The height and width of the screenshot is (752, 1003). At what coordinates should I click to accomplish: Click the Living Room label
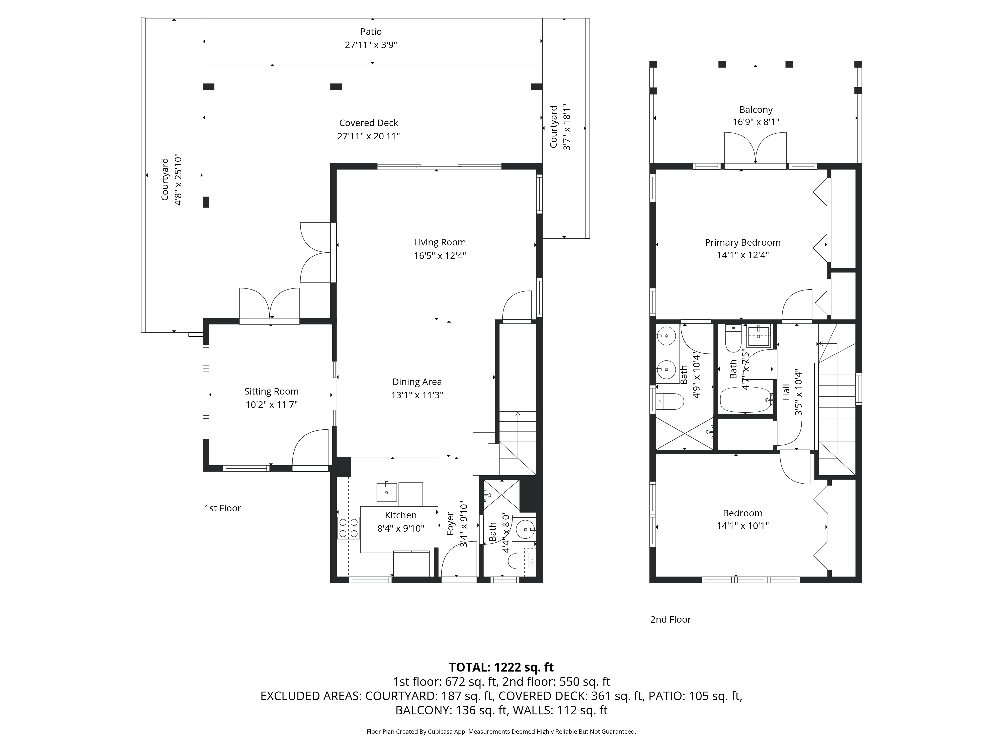(439, 242)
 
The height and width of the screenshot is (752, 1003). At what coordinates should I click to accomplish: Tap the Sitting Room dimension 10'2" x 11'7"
(271, 405)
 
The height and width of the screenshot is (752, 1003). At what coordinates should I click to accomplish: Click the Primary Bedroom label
(742, 242)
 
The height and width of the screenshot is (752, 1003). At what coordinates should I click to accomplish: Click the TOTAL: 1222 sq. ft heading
(501, 667)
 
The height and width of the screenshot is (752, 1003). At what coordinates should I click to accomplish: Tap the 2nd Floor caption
(670, 620)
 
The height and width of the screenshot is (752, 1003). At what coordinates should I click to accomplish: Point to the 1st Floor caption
(222, 508)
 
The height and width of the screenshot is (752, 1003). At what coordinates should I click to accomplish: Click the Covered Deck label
(368, 123)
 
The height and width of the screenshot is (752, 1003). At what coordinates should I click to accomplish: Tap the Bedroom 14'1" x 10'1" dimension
(742, 526)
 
